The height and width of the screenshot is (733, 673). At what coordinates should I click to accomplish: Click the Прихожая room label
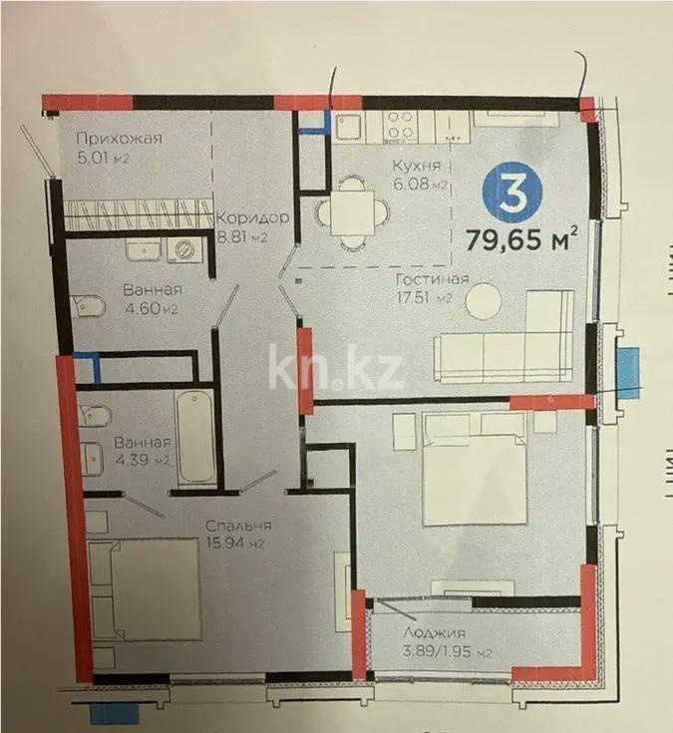click(119, 139)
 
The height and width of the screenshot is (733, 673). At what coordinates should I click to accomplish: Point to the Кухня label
click(409, 167)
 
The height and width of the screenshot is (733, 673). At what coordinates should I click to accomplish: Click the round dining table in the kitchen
click(347, 211)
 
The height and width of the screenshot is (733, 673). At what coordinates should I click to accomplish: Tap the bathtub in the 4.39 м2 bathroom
click(197, 440)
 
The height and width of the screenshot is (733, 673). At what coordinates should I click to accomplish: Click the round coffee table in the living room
click(488, 301)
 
